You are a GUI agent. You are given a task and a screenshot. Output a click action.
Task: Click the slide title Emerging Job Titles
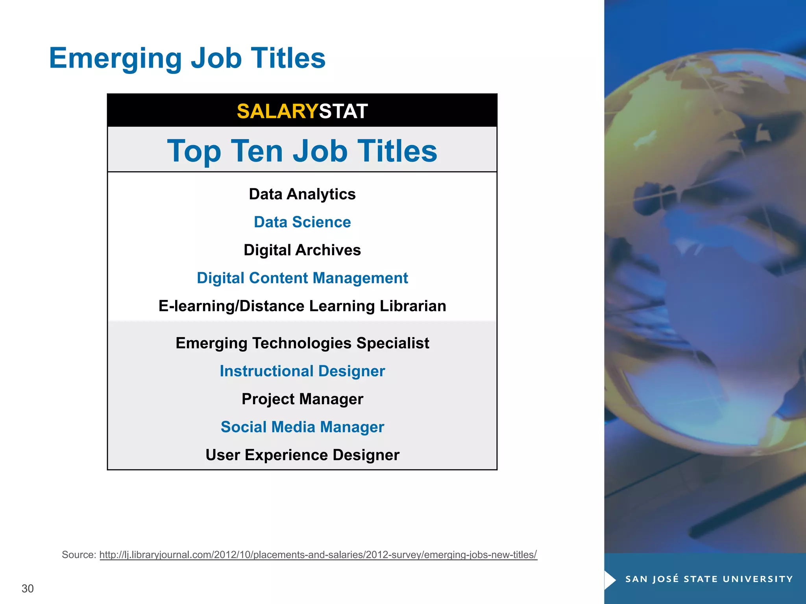coord(187,58)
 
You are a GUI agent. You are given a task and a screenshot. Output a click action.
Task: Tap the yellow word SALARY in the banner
coord(277,111)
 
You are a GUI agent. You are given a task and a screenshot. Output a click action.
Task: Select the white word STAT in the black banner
coord(343,111)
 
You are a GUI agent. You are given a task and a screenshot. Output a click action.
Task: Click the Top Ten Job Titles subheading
coord(302,151)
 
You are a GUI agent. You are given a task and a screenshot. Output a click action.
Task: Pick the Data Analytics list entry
coord(302,194)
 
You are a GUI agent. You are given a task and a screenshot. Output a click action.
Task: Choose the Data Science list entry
coord(302,222)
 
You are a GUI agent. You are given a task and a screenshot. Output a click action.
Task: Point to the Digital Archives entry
coord(302,250)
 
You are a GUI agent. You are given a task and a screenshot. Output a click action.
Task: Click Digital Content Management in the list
coord(302,278)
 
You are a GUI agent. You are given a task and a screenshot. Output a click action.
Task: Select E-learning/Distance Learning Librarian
coord(302,306)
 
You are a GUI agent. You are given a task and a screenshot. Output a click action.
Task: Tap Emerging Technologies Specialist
coord(302,343)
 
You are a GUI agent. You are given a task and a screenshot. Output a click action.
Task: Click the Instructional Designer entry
coord(302,371)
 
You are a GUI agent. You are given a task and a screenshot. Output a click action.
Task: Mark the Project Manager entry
coord(302,399)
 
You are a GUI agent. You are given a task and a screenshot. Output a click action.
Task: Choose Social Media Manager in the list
coord(302,427)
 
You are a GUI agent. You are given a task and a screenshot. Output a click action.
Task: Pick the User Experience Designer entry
coord(302,455)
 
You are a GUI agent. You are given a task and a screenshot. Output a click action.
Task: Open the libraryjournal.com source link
coord(318,555)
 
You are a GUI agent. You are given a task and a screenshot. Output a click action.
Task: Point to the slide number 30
coord(28,589)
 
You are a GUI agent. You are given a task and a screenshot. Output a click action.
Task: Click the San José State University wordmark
coord(709,579)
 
